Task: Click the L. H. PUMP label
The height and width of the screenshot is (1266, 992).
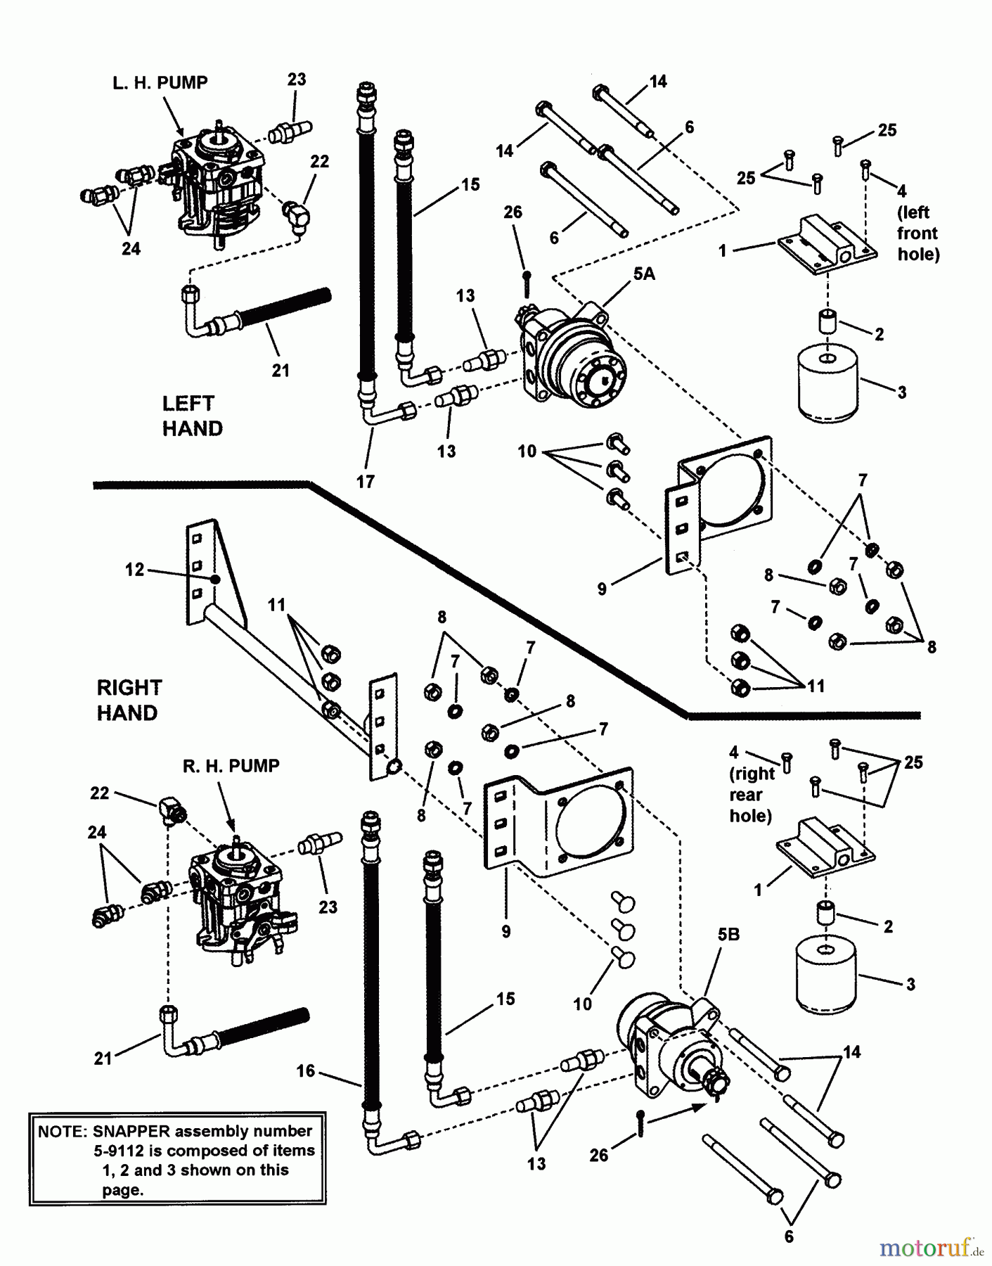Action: pyautogui.click(x=160, y=83)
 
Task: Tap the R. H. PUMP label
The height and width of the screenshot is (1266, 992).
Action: pyautogui.click(x=231, y=766)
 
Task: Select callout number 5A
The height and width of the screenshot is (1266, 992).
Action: pyautogui.click(x=643, y=274)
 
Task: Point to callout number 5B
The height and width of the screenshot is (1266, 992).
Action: pyautogui.click(x=728, y=935)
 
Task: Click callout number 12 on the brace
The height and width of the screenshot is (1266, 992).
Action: pyautogui.click(x=134, y=570)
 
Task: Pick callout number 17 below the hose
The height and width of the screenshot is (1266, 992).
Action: pyautogui.click(x=366, y=482)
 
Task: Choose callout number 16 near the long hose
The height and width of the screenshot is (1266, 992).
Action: pyautogui.click(x=305, y=1071)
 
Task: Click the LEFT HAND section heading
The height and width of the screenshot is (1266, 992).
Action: pyautogui.click(x=192, y=416)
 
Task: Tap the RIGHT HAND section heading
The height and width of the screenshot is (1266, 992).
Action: pyautogui.click(x=129, y=700)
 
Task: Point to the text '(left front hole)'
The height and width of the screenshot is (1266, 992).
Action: pyautogui.click(x=917, y=233)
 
